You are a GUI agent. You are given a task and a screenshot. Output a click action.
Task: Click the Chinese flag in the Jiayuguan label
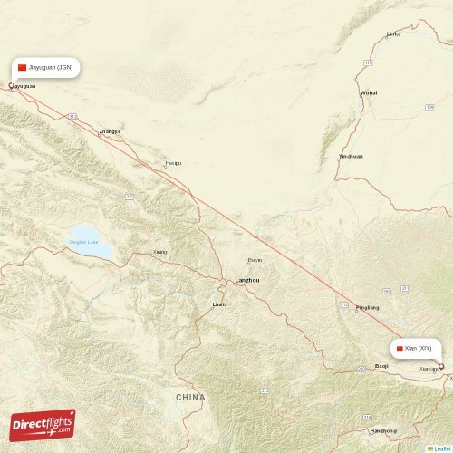(23, 68)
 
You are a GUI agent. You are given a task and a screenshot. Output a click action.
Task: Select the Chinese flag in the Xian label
(399, 348)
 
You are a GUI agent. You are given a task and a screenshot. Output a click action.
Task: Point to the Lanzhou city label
(246, 280)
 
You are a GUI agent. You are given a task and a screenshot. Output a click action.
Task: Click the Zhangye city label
(110, 131)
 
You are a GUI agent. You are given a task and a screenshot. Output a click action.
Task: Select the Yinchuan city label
(351, 156)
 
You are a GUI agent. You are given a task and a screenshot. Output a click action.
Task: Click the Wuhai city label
(369, 92)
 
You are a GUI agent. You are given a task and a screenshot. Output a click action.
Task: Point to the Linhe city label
(393, 34)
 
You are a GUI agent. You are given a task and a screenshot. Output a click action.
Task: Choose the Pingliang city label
(368, 307)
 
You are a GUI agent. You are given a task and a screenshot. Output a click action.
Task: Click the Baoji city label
(381, 366)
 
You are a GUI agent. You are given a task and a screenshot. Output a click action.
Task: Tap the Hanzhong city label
(382, 430)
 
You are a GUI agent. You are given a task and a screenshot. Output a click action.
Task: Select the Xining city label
(159, 252)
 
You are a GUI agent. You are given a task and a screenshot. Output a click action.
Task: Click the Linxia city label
(220, 304)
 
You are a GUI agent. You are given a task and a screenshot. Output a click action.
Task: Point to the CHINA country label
(191, 398)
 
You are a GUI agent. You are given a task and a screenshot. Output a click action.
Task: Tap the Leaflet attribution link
(440, 448)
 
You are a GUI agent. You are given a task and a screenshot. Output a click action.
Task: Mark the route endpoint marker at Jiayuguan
(11, 86)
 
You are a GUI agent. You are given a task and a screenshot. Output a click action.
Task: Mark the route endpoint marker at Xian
(441, 366)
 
